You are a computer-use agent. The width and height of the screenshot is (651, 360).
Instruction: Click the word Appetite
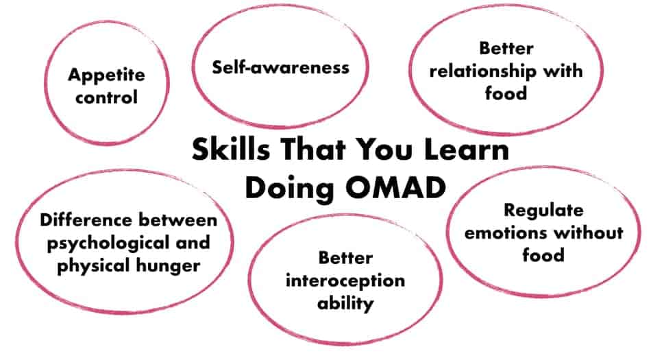pos(106,75)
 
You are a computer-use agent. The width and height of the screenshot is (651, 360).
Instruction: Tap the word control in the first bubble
pos(106,97)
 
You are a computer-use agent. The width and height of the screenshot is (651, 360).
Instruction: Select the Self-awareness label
pos(281,67)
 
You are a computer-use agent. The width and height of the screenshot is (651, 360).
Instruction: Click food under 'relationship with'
pos(506,93)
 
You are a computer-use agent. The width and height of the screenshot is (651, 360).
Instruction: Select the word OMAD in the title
pos(395,188)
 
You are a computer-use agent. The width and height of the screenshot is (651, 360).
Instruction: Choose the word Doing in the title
pos(290,189)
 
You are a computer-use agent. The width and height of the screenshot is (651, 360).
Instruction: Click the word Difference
pos(86,220)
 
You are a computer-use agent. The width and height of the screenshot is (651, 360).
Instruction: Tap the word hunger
pos(173,267)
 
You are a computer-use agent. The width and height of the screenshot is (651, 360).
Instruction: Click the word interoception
pos(345,282)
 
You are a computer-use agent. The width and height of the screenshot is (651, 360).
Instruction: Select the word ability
pos(345,304)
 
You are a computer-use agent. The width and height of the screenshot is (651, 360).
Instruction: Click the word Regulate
pos(543,211)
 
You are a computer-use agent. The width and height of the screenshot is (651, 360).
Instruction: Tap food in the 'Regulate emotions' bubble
pos(543,255)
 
